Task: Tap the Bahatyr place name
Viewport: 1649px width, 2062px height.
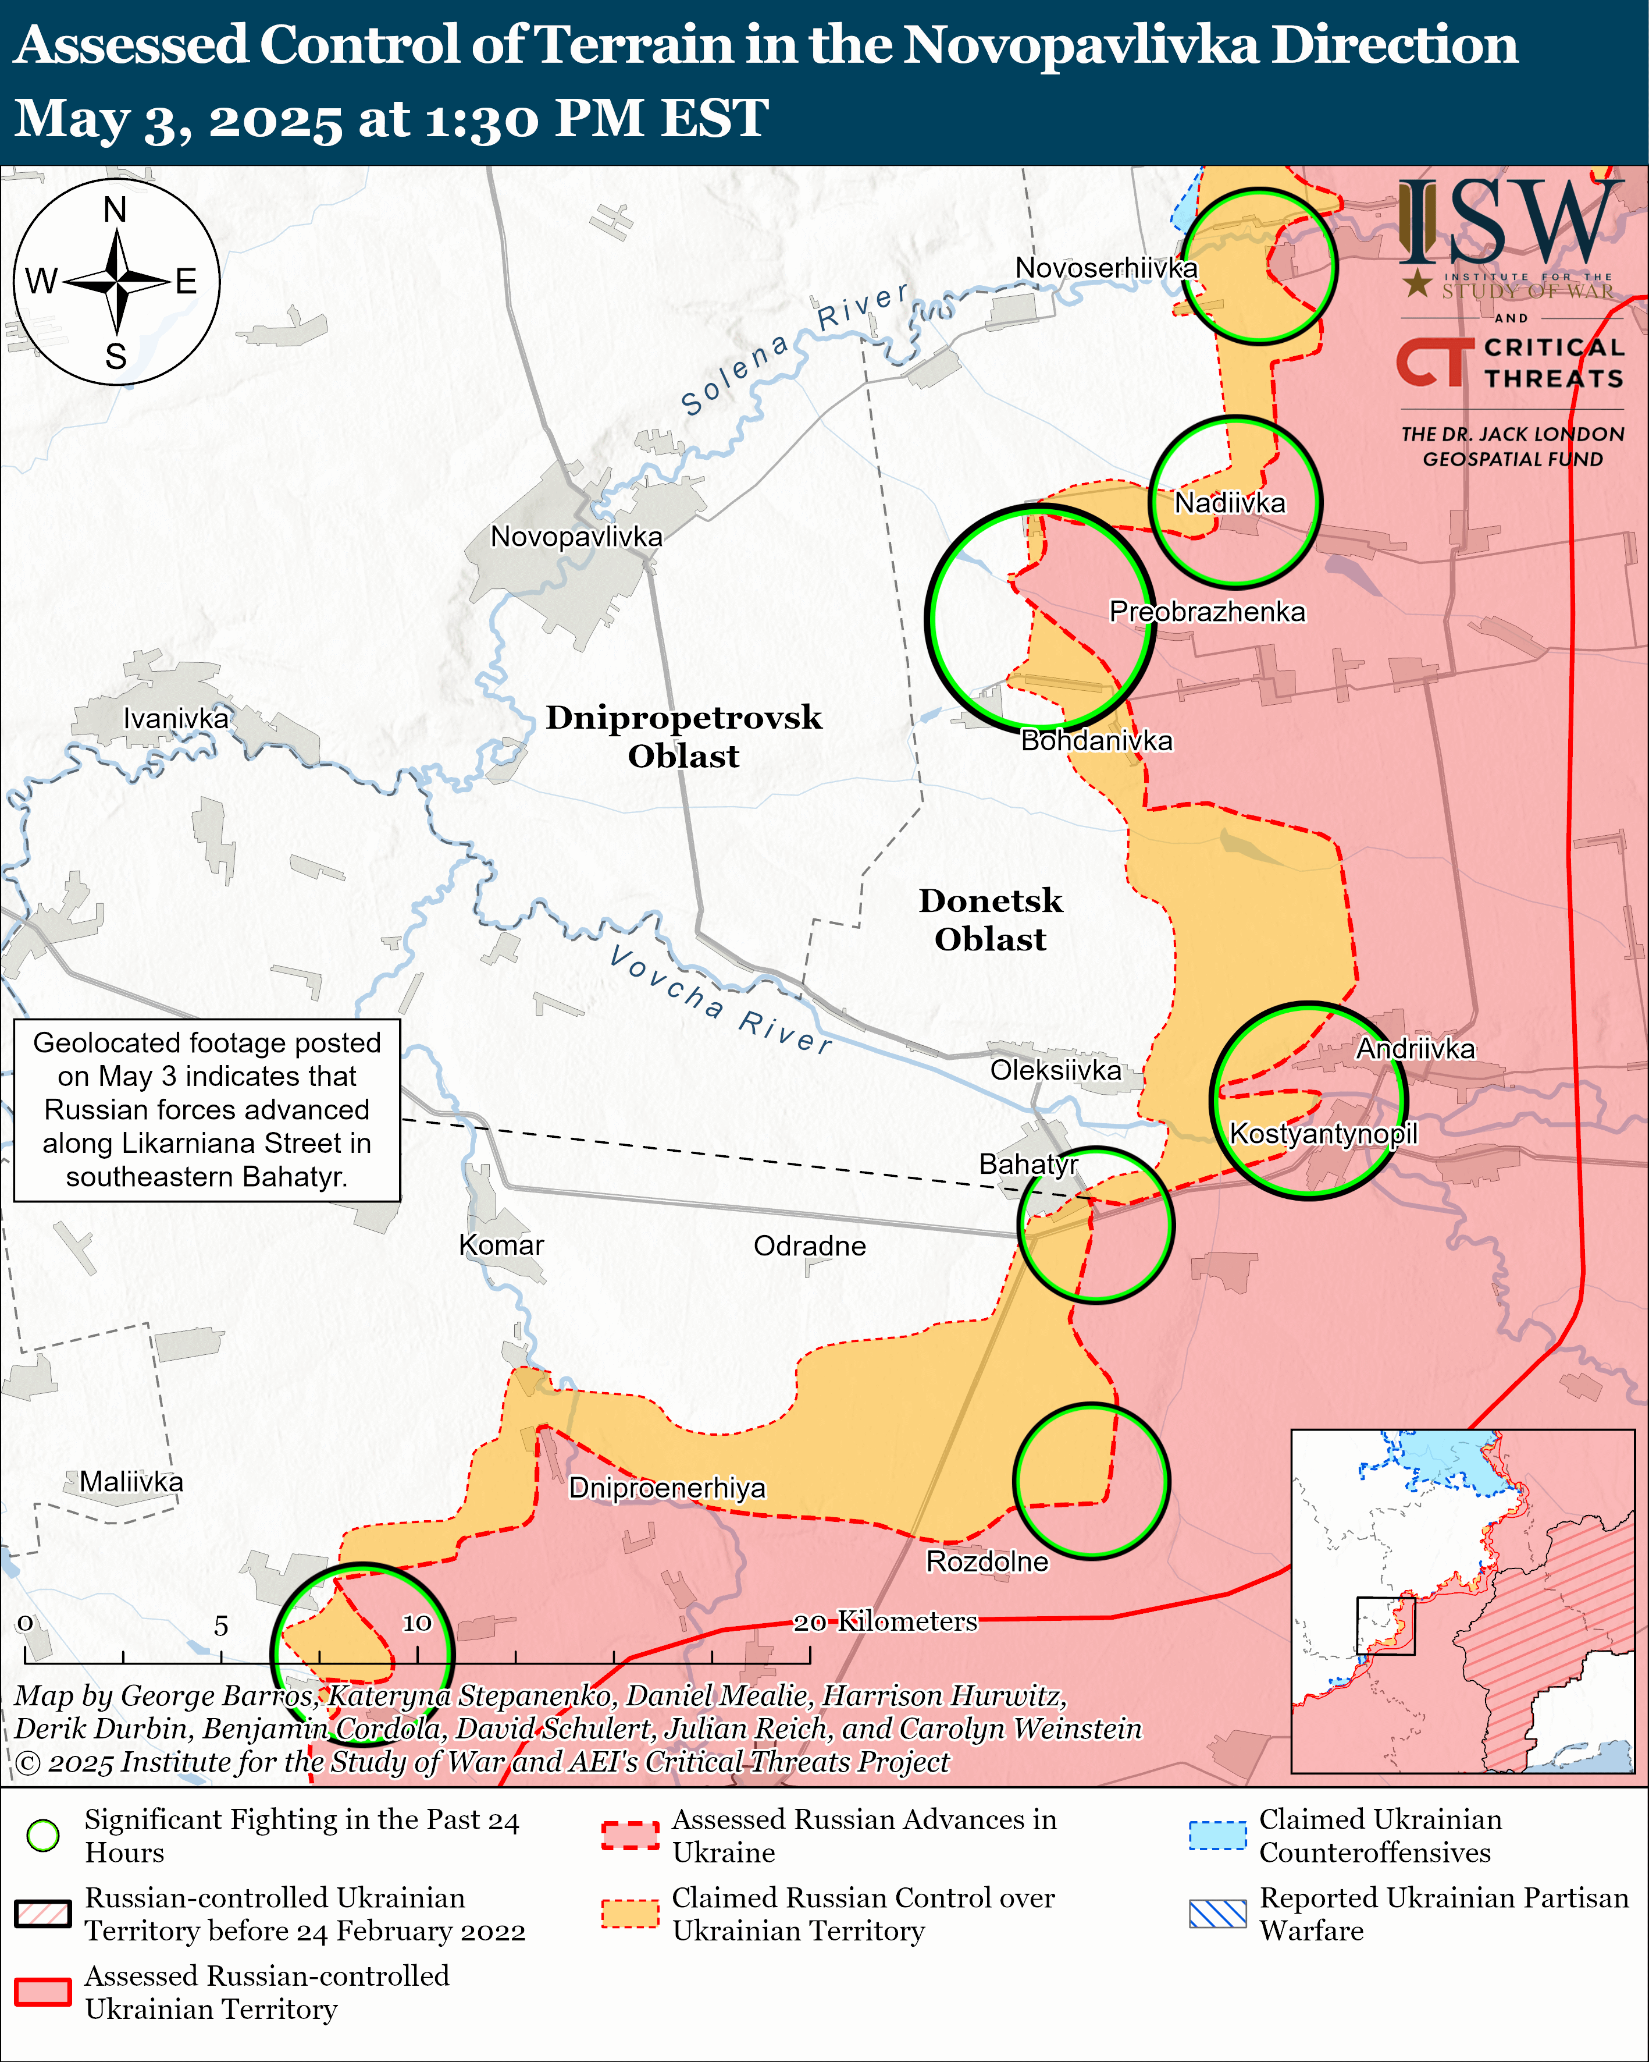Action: click(1028, 1164)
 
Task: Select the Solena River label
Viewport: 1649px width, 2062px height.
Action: click(793, 349)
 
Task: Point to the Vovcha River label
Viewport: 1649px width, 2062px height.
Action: click(721, 999)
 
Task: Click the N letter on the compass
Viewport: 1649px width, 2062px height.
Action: click(116, 210)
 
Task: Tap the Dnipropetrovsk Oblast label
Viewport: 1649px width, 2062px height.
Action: click(683, 736)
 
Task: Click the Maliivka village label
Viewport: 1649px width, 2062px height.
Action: click(131, 1482)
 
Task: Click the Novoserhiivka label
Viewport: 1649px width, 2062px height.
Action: click(1106, 268)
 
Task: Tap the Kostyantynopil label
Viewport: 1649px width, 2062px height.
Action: click(1323, 1133)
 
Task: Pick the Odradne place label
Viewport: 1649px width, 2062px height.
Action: click(810, 1245)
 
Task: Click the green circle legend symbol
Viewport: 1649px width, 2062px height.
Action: click(43, 1836)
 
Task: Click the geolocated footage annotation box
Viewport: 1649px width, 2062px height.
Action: click(206, 1109)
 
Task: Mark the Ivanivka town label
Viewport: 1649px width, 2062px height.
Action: click(176, 718)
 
